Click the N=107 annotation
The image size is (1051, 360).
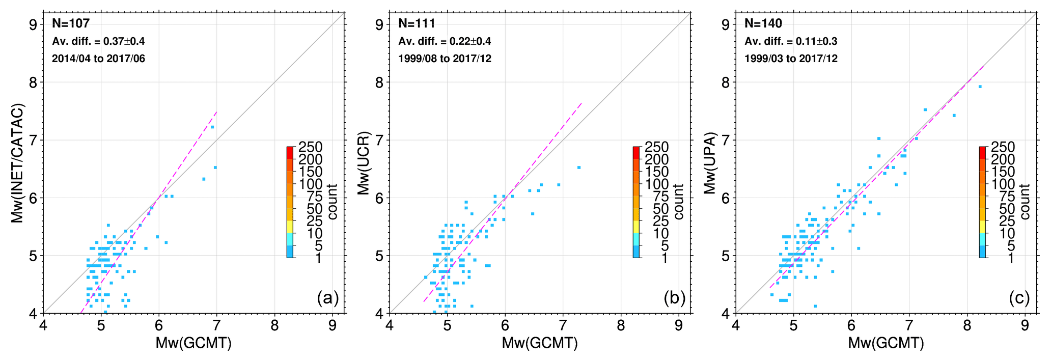(x=71, y=23)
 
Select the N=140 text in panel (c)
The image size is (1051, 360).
(x=763, y=23)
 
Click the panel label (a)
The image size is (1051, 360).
(x=327, y=298)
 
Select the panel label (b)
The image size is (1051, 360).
(x=674, y=298)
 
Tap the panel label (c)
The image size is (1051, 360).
(x=1019, y=298)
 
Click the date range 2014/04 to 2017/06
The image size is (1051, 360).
(x=98, y=59)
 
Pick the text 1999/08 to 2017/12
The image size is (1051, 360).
(x=445, y=59)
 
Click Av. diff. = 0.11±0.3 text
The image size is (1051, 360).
(x=791, y=41)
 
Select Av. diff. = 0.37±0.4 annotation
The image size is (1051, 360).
(x=98, y=41)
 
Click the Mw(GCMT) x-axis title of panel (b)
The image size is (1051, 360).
(x=540, y=343)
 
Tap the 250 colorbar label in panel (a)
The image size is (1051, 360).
(x=310, y=147)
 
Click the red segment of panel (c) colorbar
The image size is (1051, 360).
(x=983, y=152)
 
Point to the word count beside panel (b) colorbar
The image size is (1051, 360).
(x=679, y=202)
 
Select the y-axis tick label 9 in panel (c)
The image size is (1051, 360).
(x=726, y=24)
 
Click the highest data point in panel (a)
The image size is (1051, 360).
(x=212, y=127)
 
